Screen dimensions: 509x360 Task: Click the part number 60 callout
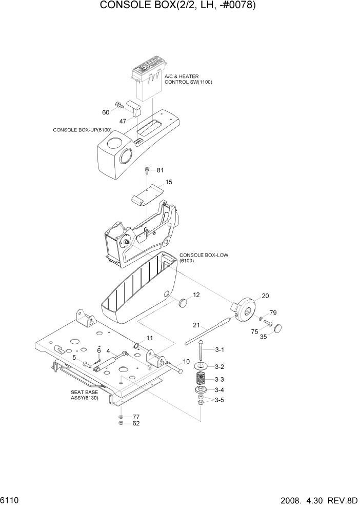106,112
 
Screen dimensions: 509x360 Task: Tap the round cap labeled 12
183,302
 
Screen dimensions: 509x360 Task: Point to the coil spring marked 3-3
202,380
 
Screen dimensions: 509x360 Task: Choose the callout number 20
265,296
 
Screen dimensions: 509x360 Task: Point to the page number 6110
10,499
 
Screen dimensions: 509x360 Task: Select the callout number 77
136,417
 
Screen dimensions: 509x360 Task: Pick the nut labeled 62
120,423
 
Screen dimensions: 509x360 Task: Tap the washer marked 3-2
202,366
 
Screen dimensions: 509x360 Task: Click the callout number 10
186,362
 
